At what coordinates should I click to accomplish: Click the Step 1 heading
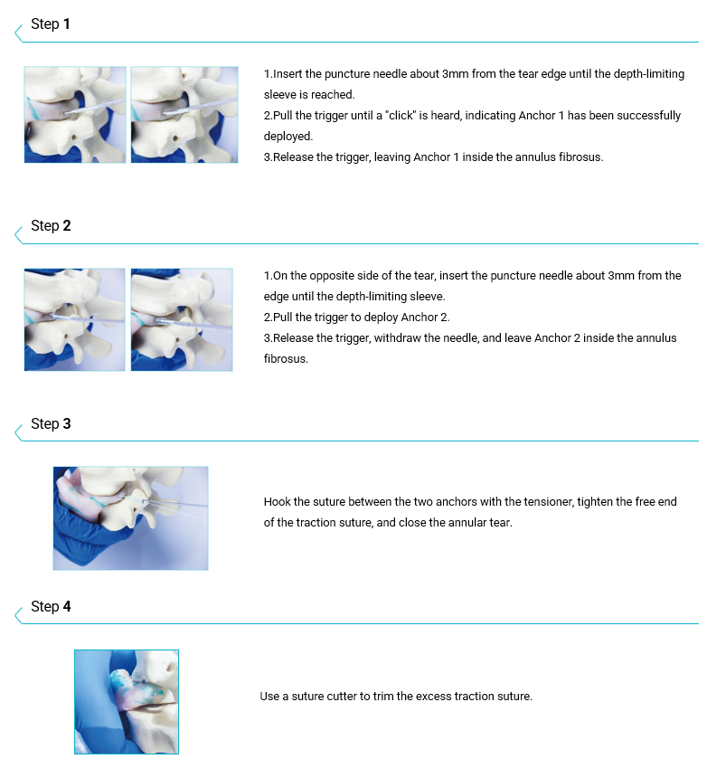[x=50, y=24]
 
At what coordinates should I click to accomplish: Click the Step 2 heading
[x=51, y=226]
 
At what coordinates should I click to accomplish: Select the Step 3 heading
[x=51, y=423]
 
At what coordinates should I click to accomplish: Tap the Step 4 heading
[x=51, y=606]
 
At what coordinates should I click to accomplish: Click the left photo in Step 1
[x=75, y=115]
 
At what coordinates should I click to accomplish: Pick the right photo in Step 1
[x=184, y=115]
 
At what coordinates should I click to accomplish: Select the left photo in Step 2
[x=74, y=319]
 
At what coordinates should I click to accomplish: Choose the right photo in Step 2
[x=182, y=319]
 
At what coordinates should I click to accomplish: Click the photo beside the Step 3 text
[x=130, y=518]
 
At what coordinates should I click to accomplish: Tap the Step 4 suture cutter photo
[x=127, y=702]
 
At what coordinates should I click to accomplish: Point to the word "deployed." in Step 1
[x=288, y=137]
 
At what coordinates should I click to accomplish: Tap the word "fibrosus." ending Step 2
[x=286, y=359]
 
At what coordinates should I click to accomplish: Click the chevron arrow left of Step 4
[x=18, y=615]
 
